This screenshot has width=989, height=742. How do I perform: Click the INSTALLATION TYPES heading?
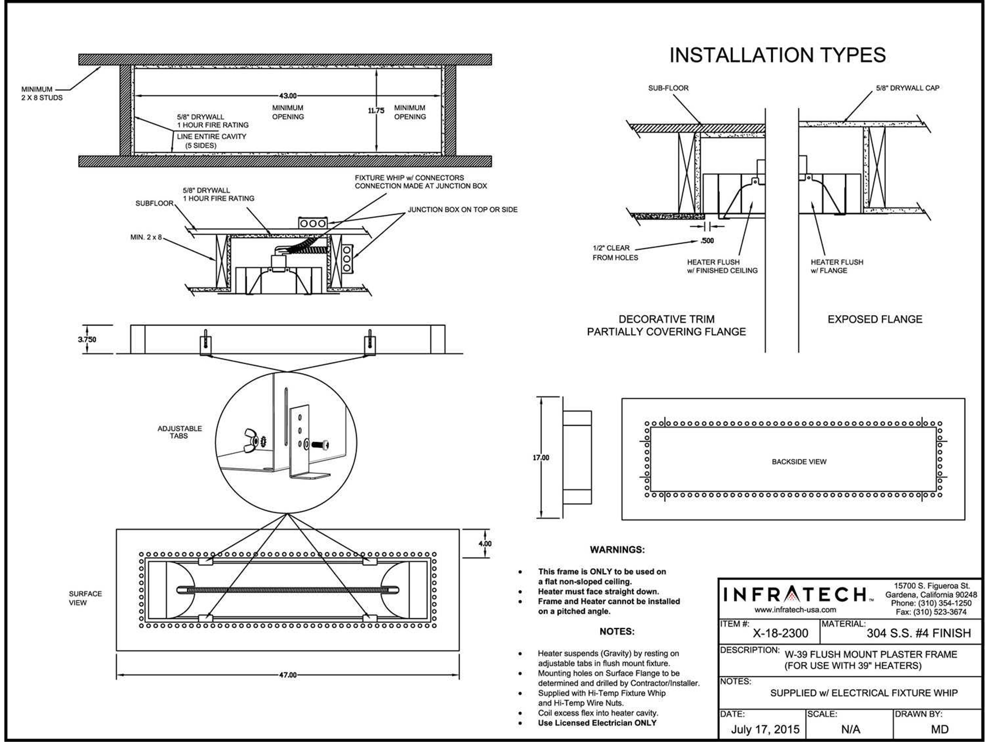tap(777, 55)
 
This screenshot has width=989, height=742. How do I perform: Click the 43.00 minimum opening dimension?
tap(287, 96)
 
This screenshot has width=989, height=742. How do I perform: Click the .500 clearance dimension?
tap(707, 241)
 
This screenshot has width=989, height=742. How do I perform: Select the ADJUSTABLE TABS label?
tap(179, 432)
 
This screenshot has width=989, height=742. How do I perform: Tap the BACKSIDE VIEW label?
tap(799, 462)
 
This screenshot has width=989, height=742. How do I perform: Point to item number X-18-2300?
tap(780, 633)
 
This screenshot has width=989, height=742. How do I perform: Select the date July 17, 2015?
tap(765, 729)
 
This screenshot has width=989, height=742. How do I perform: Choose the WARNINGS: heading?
tap(617, 550)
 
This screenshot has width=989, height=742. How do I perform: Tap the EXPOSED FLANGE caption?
tap(875, 319)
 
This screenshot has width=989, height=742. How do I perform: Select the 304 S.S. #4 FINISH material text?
tap(918, 633)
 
